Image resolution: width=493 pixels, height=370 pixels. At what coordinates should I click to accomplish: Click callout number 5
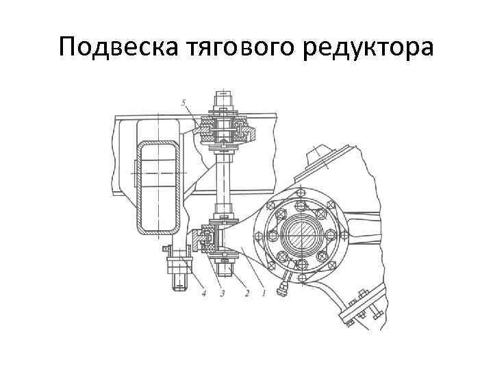(184, 103)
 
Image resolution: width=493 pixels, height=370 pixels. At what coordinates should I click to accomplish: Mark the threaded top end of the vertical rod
(223, 96)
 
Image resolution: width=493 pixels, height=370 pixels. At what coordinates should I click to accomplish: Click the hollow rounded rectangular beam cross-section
(158, 186)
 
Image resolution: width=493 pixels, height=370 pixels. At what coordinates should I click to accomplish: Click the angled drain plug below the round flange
(281, 288)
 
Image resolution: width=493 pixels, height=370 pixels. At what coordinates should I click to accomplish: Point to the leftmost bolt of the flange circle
(272, 236)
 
